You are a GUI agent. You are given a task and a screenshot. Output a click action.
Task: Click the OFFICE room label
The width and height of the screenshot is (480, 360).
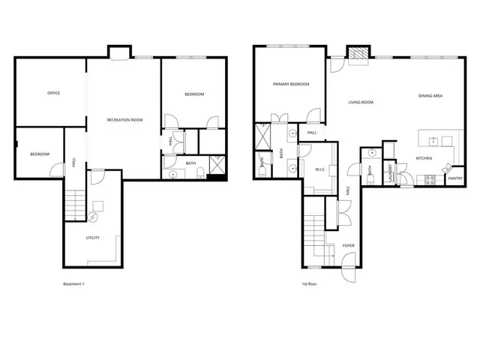coord(53,93)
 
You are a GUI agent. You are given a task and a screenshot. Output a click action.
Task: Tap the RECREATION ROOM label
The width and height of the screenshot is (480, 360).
coord(124,120)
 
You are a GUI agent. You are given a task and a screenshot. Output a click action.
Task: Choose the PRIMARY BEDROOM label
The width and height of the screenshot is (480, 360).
coord(291,84)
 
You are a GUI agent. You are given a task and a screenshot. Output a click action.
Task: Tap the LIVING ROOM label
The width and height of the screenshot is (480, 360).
coord(361,102)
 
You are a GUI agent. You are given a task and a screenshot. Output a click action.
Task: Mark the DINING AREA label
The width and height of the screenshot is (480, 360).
coord(430,95)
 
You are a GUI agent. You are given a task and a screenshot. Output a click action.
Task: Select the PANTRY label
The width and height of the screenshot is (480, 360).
coord(454,178)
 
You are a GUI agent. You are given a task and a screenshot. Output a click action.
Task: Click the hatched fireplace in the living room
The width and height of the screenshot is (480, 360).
coord(357,55)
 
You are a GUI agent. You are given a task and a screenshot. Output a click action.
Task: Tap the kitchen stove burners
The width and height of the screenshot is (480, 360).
coord(430,179)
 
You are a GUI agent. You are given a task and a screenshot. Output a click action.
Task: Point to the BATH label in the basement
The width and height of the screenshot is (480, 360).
coord(190,163)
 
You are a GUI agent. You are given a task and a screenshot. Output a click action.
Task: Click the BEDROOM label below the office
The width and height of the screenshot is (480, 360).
coord(40,154)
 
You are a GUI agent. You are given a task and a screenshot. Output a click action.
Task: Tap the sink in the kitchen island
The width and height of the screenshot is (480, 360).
coord(432,139)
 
